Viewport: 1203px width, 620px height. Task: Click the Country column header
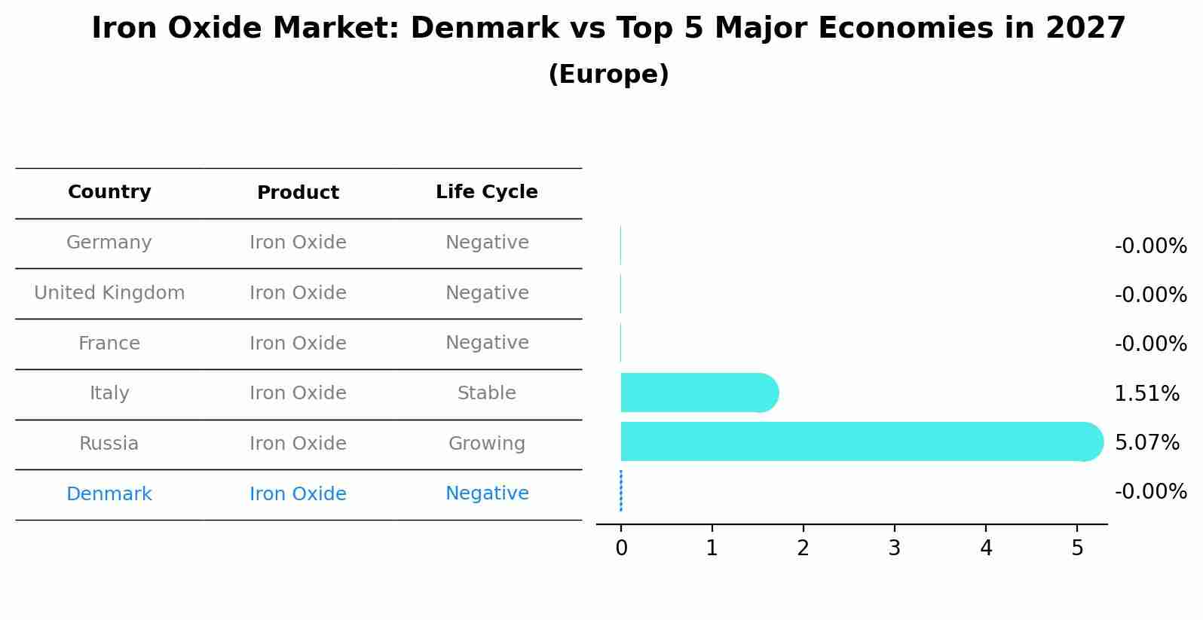tap(109, 192)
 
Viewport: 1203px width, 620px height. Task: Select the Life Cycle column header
tap(486, 192)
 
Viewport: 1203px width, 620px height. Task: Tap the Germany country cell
tap(109, 243)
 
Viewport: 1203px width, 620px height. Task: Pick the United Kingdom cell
tap(109, 293)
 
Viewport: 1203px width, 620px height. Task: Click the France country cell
tap(109, 344)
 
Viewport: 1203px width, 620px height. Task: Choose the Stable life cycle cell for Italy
tap(486, 393)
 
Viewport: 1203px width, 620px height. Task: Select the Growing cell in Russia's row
tap(486, 444)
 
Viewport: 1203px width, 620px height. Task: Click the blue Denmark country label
tap(109, 494)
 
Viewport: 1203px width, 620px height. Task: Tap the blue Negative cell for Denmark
tap(486, 493)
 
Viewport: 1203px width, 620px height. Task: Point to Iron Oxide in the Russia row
tap(298, 444)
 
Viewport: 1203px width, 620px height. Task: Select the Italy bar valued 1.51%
tap(697, 392)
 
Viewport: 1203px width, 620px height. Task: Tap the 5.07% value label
tap(1146, 443)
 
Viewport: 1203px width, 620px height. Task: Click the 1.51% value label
tap(1146, 394)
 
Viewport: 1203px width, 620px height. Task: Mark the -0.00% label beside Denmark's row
tap(1150, 492)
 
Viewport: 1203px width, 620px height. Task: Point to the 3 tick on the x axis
tap(894, 548)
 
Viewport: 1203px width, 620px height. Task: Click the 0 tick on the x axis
tap(621, 548)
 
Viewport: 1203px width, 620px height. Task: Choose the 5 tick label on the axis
tap(1077, 548)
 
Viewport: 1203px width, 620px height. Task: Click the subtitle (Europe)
tap(608, 75)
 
